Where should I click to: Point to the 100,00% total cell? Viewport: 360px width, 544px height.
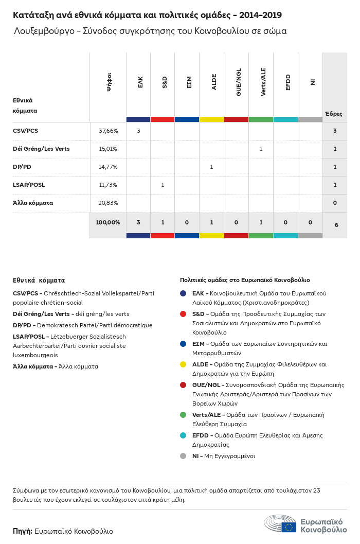click(108, 222)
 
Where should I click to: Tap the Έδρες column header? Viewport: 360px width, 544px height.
click(333, 114)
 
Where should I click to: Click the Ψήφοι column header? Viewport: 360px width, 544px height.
click(109, 82)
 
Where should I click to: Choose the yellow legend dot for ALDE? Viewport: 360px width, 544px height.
click(183, 364)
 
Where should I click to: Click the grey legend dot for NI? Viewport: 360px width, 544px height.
click(183, 456)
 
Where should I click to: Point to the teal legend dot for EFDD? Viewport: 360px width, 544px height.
click(183, 435)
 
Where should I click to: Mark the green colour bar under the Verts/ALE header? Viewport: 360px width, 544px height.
click(261, 119)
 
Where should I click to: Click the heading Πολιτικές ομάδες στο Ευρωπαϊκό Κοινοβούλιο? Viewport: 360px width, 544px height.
click(245, 280)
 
